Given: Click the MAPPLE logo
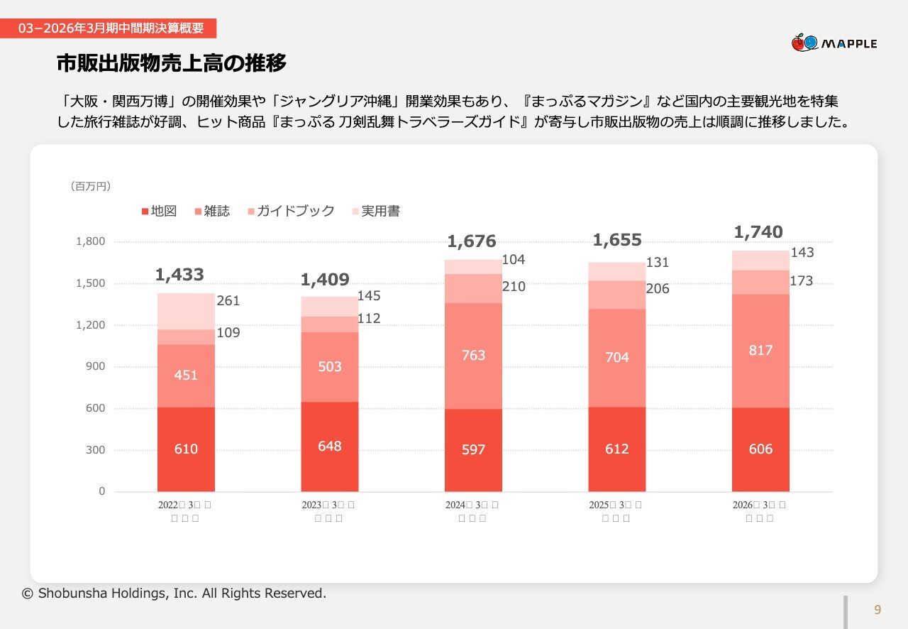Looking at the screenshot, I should pyautogui.click(x=834, y=43).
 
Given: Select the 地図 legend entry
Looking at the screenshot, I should pyautogui.click(x=159, y=211).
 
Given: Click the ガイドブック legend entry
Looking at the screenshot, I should pyautogui.click(x=291, y=211).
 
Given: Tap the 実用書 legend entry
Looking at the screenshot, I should pyautogui.click(x=376, y=211).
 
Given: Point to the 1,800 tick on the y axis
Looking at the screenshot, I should pyautogui.click(x=90, y=241).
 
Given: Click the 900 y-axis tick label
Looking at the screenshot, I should pyautogui.click(x=95, y=366).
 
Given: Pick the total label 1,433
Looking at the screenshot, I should pyautogui.click(x=179, y=275).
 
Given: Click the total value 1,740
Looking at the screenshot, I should pyautogui.click(x=758, y=232).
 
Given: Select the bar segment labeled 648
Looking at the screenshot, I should pyautogui.click(x=330, y=446).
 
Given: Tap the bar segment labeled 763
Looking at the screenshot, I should pyautogui.click(x=473, y=355).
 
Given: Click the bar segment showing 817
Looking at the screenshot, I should pyautogui.click(x=760, y=351).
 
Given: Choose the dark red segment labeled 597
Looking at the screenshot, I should pyautogui.click(x=473, y=449).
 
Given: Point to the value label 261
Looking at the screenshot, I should pyautogui.click(x=228, y=301).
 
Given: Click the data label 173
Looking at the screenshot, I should pyautogui.click(x=801, y=281).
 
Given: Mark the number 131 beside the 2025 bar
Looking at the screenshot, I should pyautogui.click(x=658, y=263).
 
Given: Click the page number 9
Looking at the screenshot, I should pyautogui.click(x=877, y=610).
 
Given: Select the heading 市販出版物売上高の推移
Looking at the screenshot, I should pyautogui.click(x=172, y=64).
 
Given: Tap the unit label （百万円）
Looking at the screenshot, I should pyautogui.click(x=91, y=186).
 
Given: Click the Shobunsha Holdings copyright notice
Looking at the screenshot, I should pyautogui.click(x=175, y=593).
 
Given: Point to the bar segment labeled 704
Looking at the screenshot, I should pyautogui.click(x=617, y=357).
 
